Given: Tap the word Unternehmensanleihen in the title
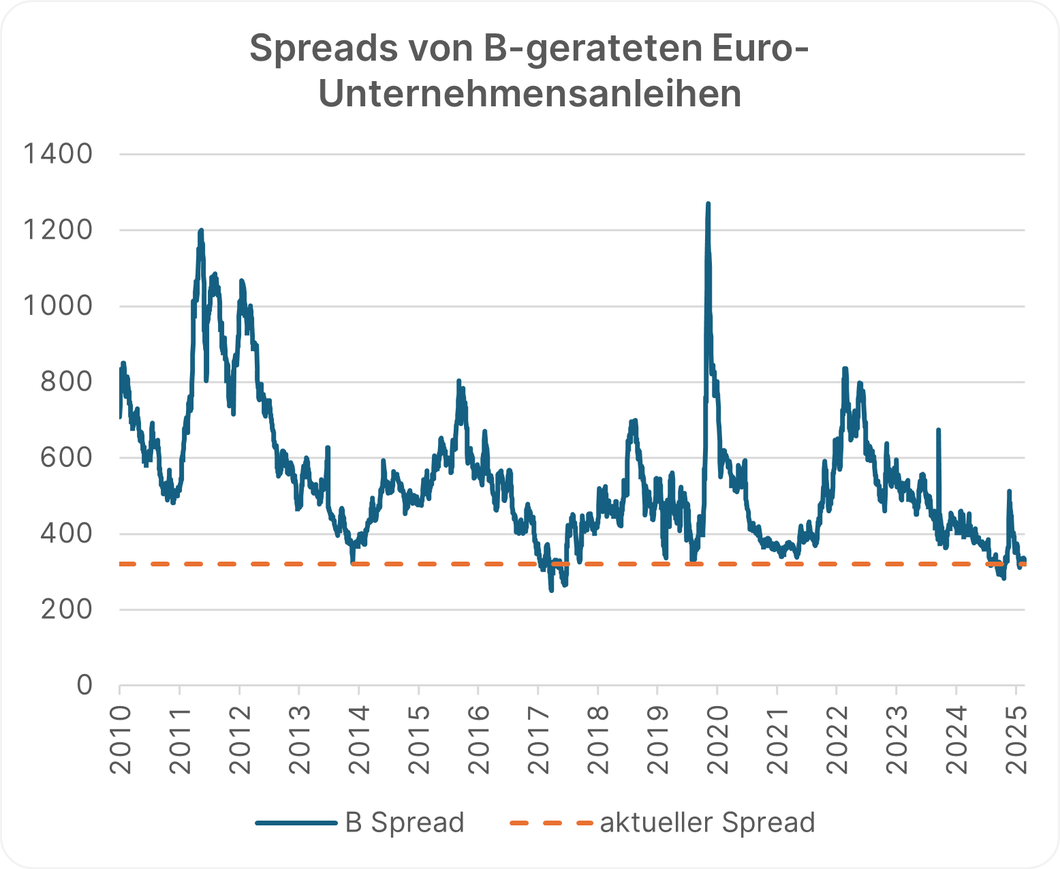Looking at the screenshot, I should (530, 94).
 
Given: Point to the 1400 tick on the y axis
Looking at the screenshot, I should (58, 154).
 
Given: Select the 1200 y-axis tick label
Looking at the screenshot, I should (58, 230).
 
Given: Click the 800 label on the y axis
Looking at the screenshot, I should (66, 382).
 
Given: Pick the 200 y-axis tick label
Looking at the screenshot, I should (66, 609).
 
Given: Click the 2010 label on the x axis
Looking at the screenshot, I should (120, 740).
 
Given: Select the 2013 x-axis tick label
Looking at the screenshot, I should (299, 740).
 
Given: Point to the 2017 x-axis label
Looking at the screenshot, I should (538, 740).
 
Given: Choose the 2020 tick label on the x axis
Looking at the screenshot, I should (717, 740).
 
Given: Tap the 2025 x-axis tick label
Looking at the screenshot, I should (1016, 740).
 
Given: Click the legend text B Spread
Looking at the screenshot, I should (405, 823).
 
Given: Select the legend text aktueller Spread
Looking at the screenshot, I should (707, 823).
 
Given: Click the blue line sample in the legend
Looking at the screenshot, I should (297, 823).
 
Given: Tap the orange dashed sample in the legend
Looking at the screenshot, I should (551, 823).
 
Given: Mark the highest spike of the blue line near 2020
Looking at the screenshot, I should (708, 204).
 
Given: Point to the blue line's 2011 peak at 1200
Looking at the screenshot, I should (201, 231).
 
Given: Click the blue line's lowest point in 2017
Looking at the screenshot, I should (551, 590).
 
